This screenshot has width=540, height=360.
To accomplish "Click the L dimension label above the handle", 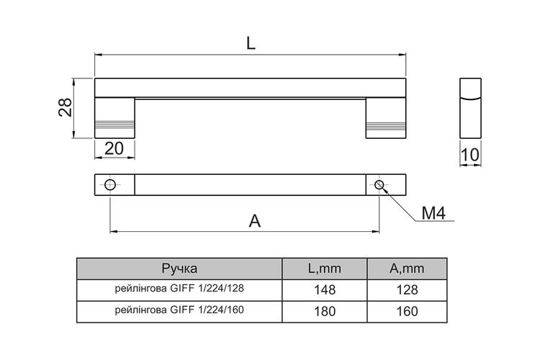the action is point(251,43).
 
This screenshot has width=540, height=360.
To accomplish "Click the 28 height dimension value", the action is point(65,107).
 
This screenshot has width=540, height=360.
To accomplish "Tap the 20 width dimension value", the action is point(114,148).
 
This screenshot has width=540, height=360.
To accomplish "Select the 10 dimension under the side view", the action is point(469,155).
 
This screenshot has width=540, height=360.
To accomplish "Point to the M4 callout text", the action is point(433,213).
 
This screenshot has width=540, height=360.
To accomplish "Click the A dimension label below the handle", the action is point(254,221).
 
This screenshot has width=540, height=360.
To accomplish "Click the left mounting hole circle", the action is point(110,185).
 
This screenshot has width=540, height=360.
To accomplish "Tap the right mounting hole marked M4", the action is point(379,185).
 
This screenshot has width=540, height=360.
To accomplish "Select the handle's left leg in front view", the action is point(114,118).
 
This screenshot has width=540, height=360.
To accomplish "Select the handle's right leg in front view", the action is point(386,118).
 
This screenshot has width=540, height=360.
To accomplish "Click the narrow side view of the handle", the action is point(470,108).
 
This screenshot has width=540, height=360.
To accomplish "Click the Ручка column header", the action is point(179,269).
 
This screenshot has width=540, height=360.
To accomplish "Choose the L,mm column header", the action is point(325,269).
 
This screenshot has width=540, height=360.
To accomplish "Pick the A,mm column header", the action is point(407,269).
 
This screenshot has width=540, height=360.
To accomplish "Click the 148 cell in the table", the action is point(325,290).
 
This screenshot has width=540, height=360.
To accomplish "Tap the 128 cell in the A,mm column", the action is point(407,290).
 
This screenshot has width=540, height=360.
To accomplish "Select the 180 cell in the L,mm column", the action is point(325,312).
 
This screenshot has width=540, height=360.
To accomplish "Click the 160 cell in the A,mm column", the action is point(407,312).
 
